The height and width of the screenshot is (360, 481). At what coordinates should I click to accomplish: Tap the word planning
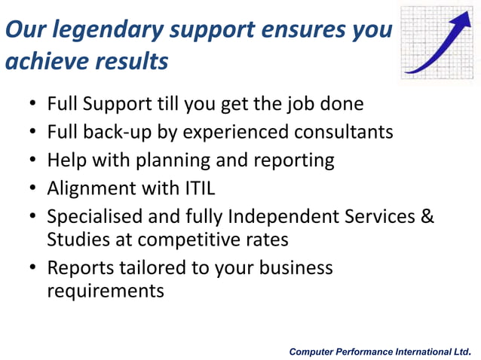click(185, 160)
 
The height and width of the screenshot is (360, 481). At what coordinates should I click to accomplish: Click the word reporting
click(293, 160)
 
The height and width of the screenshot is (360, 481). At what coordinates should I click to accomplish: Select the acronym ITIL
click(194, 188)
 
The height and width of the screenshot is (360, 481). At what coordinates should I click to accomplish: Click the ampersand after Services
click(427, 217)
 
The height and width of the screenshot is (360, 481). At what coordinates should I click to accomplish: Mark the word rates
click(269, 240)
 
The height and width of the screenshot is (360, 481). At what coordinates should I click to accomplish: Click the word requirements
click(105, 291)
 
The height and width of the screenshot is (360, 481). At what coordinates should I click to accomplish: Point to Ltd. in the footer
click(461, 352)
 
